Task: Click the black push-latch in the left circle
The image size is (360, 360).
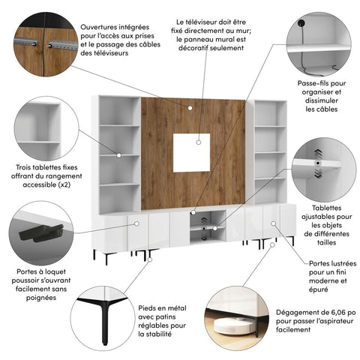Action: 33,230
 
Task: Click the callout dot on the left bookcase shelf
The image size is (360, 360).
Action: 118,154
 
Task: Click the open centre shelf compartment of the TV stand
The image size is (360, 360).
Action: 204,226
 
